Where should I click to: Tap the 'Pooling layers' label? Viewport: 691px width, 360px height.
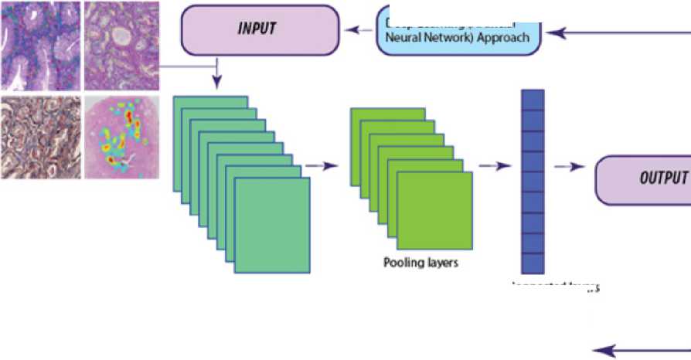421,262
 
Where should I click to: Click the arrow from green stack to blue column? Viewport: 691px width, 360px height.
495,165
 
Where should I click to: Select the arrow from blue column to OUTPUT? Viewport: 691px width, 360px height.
570,166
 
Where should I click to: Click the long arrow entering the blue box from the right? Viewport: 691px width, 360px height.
618,32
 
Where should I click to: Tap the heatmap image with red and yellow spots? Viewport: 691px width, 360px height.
121,137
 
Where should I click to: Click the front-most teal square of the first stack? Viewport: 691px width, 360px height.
272,225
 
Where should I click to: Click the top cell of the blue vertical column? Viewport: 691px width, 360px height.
533,100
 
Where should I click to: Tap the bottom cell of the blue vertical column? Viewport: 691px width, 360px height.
533,263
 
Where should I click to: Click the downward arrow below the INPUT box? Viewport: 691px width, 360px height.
217,76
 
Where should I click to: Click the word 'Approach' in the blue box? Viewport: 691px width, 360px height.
503,37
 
